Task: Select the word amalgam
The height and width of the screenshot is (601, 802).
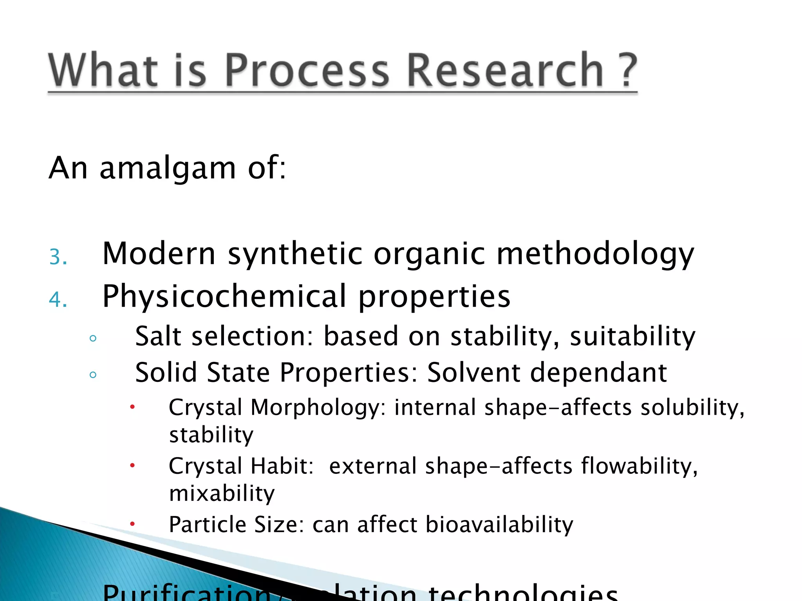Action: point(168,168)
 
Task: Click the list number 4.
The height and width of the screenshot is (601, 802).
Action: point(58,300)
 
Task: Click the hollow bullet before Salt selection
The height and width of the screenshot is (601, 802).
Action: point(93,338)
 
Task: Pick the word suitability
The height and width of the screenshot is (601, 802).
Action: point(632,337)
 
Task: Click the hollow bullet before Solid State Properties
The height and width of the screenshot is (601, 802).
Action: point(93,375)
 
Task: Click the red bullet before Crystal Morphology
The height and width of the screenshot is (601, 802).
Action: point(132,407)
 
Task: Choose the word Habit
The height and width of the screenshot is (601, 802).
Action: point(282,466)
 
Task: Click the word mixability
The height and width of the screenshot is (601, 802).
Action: point(222,493)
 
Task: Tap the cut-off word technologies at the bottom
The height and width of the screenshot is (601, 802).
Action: point(523,593)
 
